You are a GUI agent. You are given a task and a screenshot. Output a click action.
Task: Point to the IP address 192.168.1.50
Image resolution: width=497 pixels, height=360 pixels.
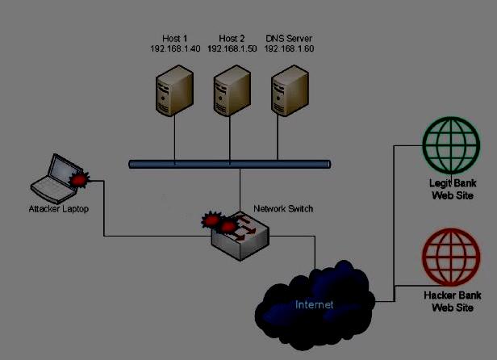click(x=232, y=48)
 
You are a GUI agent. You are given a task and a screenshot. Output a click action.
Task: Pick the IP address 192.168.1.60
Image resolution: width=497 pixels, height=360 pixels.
click(x=289, y=48)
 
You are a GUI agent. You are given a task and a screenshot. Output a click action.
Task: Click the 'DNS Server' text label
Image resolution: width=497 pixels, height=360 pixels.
click(x=289, y=38)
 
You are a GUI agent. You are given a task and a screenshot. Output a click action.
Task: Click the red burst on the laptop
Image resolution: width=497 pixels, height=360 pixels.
click(x=79, y=178)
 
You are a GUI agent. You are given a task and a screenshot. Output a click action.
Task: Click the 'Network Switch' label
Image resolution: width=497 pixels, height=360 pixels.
click(x=283, y=209)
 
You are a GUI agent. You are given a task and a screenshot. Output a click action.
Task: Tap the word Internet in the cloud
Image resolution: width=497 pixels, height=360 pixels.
click(x=314, y=304)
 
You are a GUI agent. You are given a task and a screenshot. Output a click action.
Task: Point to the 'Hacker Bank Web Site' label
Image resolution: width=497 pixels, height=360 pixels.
click(x=452, y=301)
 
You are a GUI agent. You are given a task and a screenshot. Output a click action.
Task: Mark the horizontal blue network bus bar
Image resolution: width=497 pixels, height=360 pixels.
click(x=230, y=164)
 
